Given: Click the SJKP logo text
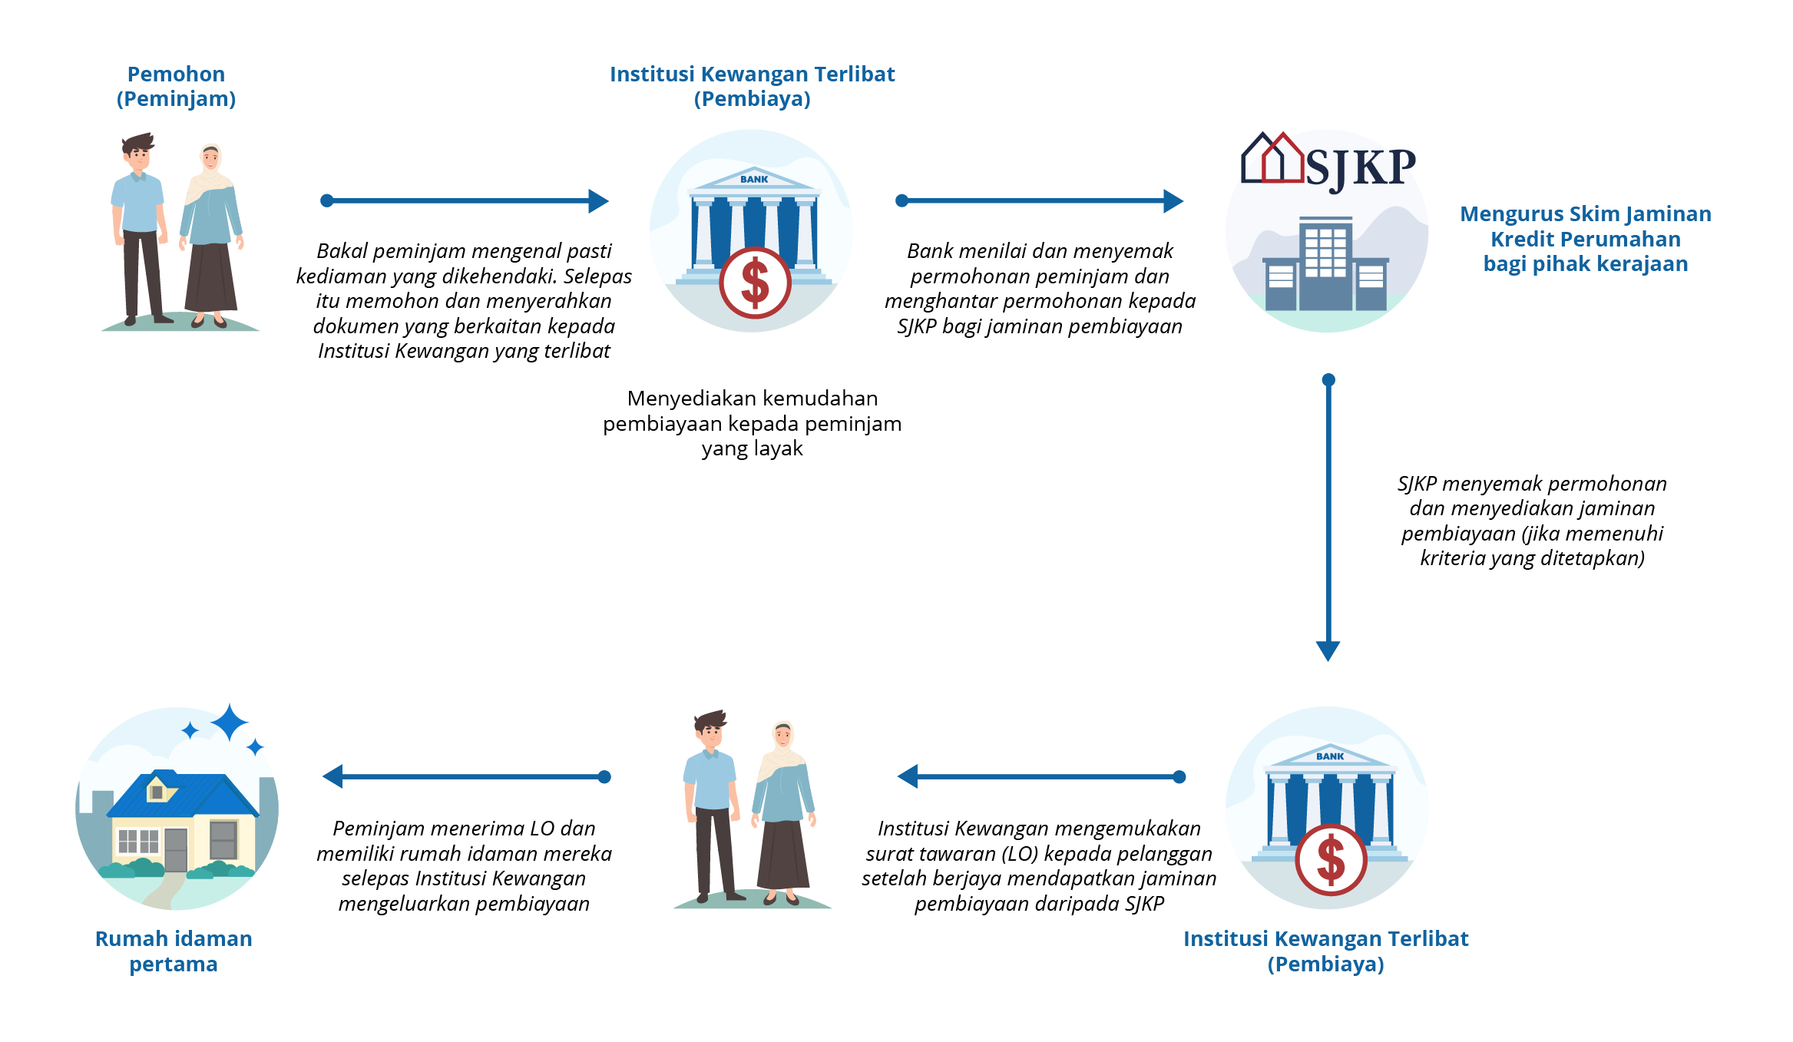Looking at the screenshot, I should tap(1360, 167).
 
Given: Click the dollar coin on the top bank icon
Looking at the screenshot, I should tap(755, 283).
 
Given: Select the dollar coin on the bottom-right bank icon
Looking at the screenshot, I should tap(1331, 859).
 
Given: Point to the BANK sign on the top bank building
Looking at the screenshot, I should tap(754, 179).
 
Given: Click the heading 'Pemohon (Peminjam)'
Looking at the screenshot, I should tap(176, 86).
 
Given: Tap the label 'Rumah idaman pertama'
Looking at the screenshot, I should tap(174, 951).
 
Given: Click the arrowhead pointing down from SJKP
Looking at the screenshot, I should tap(1328, 650).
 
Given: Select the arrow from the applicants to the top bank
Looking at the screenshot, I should tap(464, 201).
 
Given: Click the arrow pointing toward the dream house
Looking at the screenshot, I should tap(465, 776).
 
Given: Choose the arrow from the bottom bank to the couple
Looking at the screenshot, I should tap(1040, 776).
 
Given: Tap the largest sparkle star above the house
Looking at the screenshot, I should tap(229, 723).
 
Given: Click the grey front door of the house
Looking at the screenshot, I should tap(176, 849).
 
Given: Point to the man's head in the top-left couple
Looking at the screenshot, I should tap(138, 153).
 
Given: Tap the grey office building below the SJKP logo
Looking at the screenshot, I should tap(1326, 265).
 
